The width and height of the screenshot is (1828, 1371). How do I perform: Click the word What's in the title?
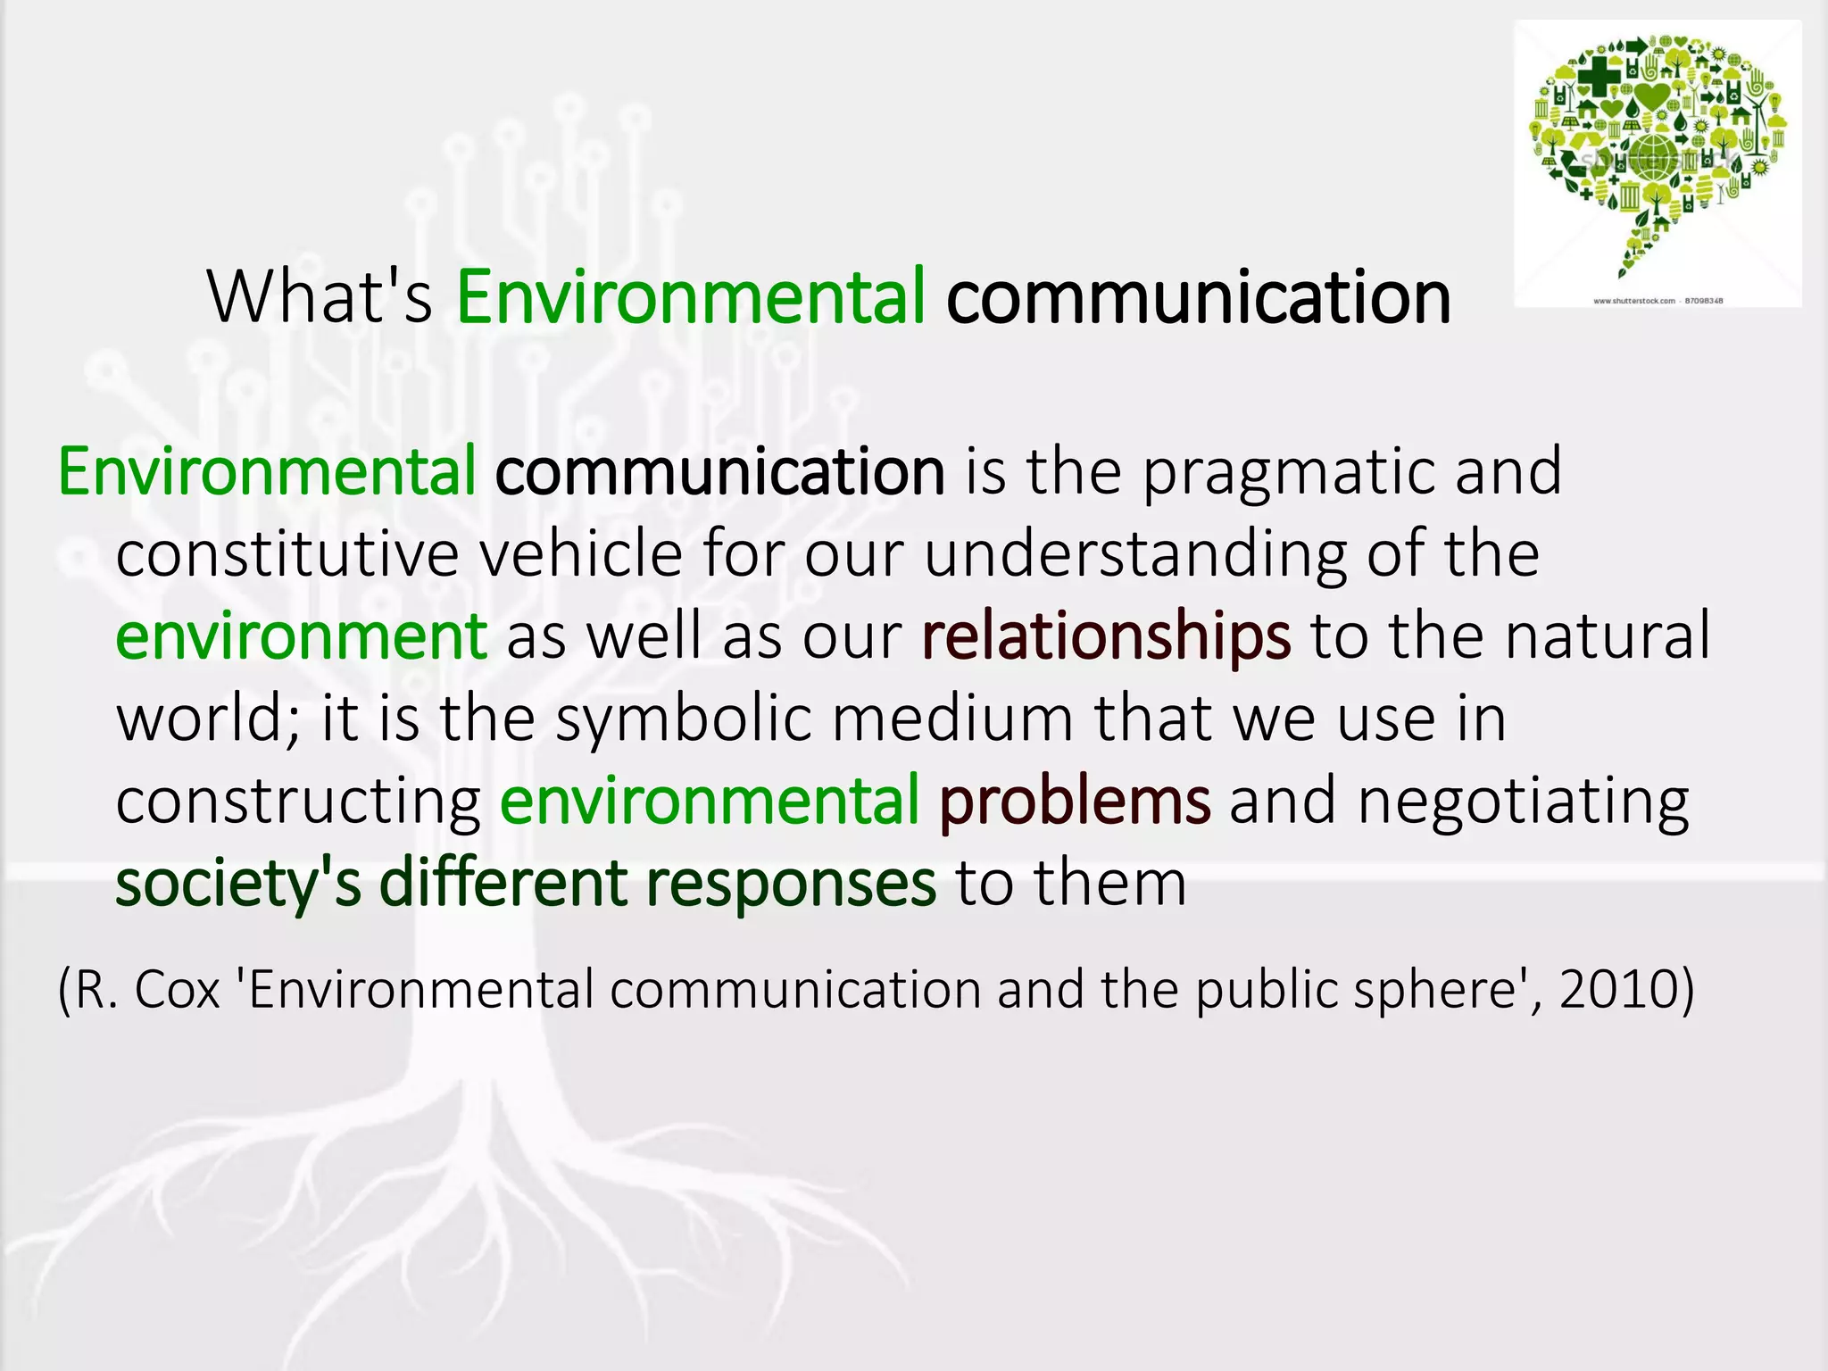click(x=320, y=297)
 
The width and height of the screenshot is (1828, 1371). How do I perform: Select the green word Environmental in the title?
click(x=690, y=297)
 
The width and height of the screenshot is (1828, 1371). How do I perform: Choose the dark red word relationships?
click(x=1106, y=637)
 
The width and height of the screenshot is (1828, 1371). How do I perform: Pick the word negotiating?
click(x=1523, y=802)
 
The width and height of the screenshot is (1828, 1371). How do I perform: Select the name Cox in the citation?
click(x=177, y=990)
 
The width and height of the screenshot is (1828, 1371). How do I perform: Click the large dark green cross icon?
click(x=1597, y=75)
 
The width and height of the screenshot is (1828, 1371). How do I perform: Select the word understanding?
click(x=1134, y=555)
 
